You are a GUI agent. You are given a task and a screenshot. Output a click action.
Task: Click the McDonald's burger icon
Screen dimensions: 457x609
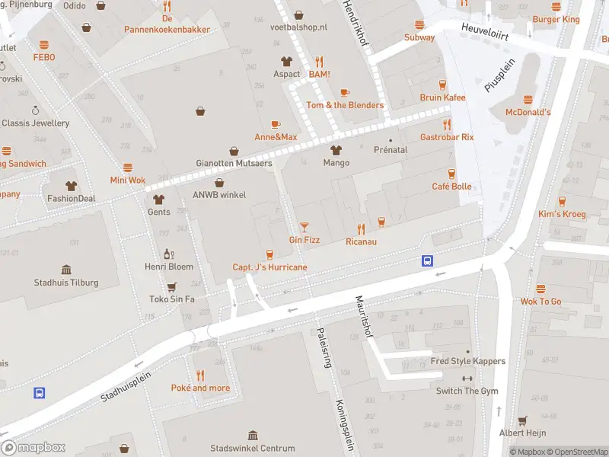coord(528,99)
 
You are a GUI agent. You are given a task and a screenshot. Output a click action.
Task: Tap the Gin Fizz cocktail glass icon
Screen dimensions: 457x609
coord(304,227)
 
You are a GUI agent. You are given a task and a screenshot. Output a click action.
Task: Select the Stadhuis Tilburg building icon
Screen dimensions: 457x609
coord(66,270)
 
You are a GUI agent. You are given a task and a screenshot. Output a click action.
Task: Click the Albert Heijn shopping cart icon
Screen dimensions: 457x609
coord(522,420)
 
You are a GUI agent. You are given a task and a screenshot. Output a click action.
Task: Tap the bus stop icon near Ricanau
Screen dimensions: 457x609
coord(428,260)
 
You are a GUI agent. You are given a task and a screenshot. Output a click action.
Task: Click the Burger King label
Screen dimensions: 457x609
coord(556,19)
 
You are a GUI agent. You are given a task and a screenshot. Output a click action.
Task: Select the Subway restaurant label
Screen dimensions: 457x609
coord(419,37)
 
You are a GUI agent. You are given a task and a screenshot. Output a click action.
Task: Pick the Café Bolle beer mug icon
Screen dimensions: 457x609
coord(451,174)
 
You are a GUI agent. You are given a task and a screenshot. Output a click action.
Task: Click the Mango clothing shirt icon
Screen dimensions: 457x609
coord(336,150)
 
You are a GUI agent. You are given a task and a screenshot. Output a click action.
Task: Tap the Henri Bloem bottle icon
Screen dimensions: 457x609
coord(169,254)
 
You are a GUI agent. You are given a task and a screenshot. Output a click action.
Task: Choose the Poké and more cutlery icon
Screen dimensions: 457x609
coord(200,375)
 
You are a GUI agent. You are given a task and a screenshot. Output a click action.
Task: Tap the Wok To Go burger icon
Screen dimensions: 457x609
coord(540,289)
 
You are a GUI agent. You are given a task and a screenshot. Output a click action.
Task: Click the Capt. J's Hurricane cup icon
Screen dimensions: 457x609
coord(269,254)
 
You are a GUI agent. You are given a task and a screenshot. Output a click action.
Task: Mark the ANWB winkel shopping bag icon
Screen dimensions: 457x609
coord(219,182)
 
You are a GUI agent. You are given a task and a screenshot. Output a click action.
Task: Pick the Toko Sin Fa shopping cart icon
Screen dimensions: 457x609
coord(172,286)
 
